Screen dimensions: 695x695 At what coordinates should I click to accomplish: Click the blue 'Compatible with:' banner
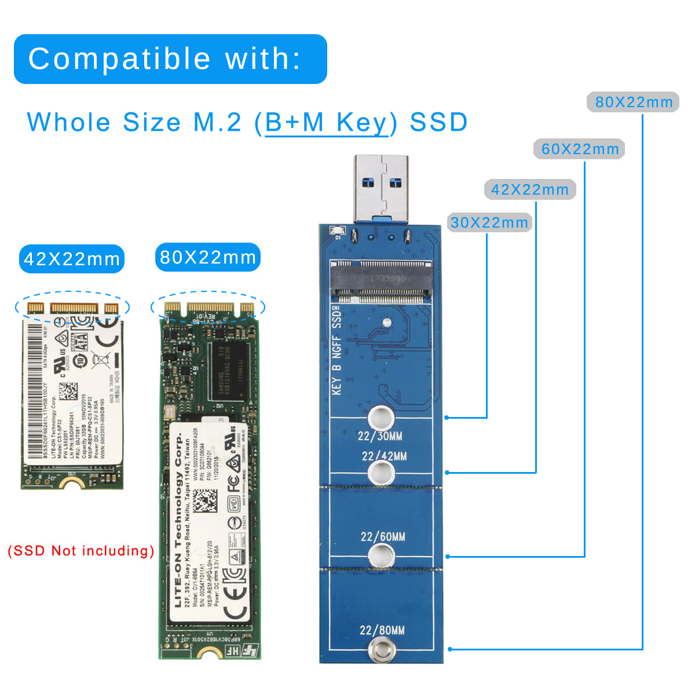coord(170,59)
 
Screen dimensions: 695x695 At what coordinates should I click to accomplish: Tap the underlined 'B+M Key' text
coord(326,122)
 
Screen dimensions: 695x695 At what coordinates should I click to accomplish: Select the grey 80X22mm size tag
coord(634,103)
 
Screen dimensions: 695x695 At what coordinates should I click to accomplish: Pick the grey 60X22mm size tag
coord(580,149)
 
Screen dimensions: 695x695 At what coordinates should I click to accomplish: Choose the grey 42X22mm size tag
coord(529,189)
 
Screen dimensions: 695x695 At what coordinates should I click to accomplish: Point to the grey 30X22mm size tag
coord(489,222)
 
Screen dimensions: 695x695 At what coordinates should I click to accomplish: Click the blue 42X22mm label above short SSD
coord(72,259)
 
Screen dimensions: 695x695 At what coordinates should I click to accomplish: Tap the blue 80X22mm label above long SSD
coord(207,258)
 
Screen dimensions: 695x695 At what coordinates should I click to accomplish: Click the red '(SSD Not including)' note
coord(81,551)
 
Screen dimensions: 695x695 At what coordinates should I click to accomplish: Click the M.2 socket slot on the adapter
coord(381,282)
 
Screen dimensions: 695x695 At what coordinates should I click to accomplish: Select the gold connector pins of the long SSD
coord(209,307)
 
